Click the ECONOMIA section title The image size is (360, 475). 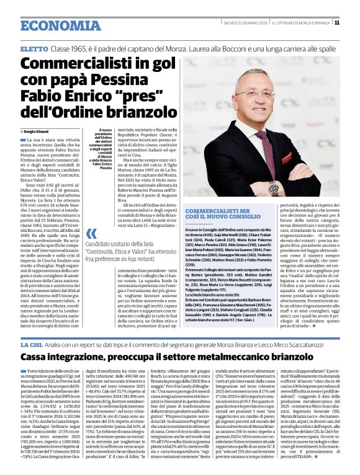(x=52, y=25)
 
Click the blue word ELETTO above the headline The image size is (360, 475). (x=34, y=48)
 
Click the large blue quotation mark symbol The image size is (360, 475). (x=91, y=234)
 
